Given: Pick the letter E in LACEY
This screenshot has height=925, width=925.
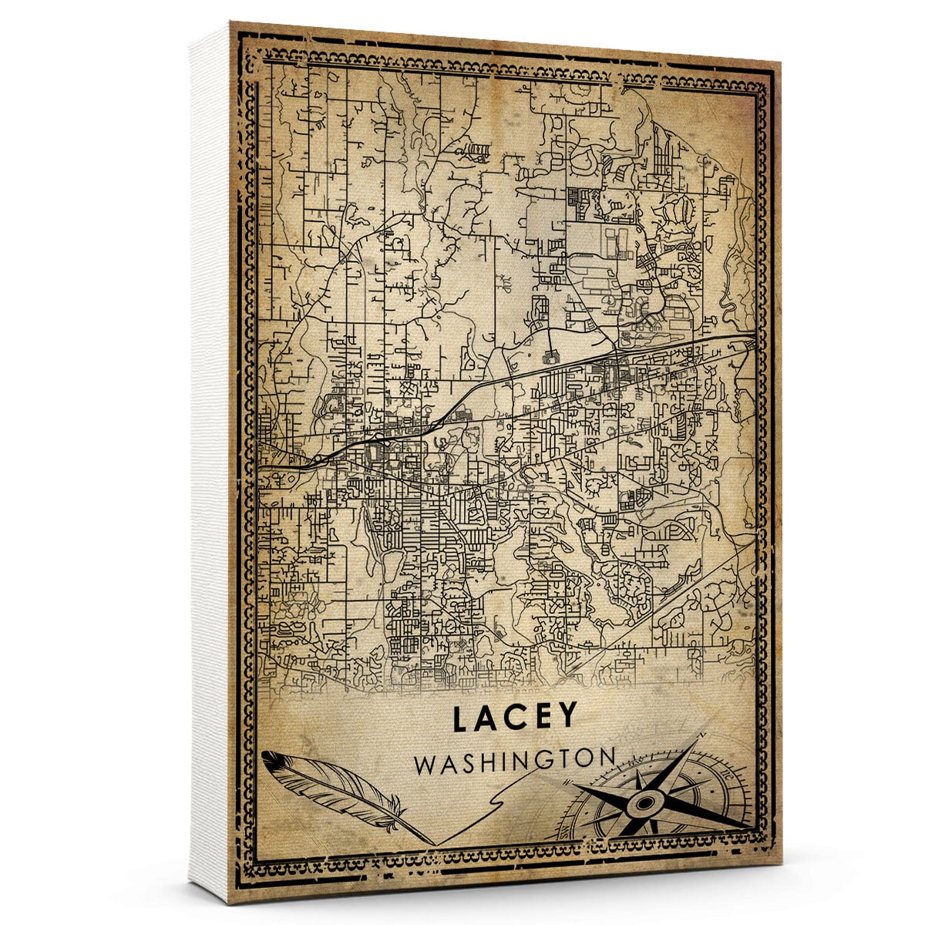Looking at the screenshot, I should [x=541, y=718].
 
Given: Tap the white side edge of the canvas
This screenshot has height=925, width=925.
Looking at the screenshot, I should [x=208, y=462].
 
